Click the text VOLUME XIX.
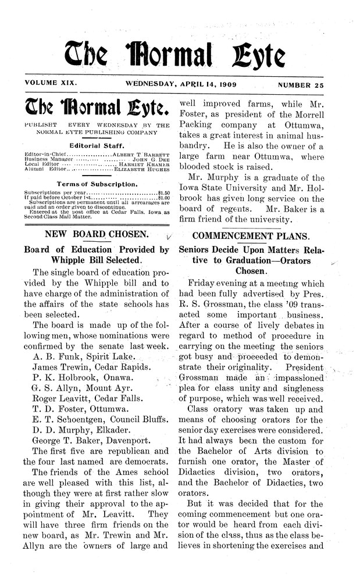pos(48,84)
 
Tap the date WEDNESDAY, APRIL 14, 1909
pos(180,84)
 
